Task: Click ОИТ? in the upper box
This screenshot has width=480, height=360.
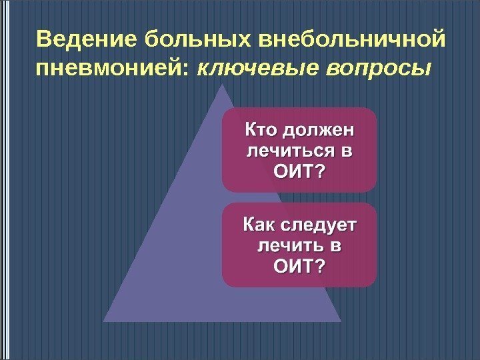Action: (299, 172)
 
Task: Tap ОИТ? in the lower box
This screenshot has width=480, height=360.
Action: (299, 268)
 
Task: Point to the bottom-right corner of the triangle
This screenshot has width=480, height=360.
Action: (341, 321)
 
